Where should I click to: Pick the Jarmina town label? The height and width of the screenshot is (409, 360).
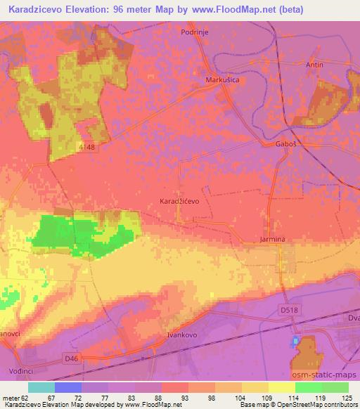tap(271, 239)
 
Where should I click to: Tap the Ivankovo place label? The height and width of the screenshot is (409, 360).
tap(184, 336)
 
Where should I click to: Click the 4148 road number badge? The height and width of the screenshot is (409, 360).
tap(87, 145)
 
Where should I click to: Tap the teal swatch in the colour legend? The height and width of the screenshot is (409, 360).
tap(41, 387)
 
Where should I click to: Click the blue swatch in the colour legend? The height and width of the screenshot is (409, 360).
tap(68, 387)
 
